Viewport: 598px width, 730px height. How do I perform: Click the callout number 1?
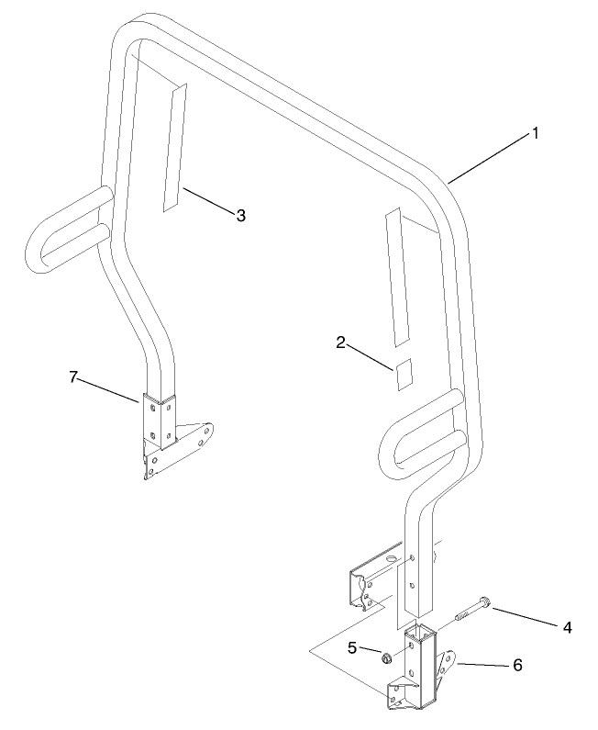(535, 134)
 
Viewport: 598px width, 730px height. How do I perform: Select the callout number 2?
(341, 343)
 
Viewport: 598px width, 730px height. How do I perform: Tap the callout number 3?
(240, 216)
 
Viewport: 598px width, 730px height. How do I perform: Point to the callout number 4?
(567, 627)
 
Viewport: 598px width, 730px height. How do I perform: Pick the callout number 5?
(352, 647)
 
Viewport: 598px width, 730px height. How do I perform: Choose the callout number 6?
(517, 666)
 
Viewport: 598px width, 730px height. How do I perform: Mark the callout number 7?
(73, 376)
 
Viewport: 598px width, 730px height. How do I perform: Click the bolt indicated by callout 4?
(472, 611)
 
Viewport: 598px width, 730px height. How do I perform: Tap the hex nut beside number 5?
(386, 658)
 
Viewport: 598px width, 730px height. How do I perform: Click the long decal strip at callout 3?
(175, 148)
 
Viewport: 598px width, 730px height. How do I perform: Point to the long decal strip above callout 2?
(396, 277)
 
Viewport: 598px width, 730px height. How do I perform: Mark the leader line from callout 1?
(490, 158)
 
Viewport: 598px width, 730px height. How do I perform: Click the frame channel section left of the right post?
(374, 578)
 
